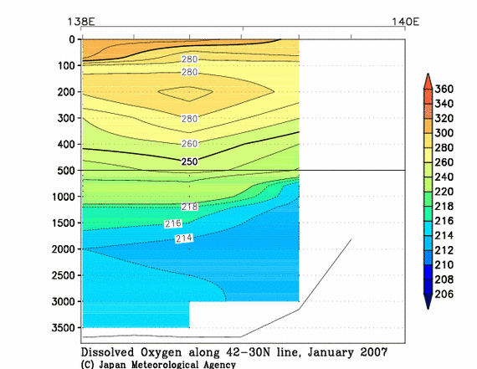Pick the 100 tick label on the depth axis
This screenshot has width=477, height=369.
click(65, 65)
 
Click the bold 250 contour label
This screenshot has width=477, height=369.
click(191, 161)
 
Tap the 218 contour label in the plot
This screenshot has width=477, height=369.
click(191, 206)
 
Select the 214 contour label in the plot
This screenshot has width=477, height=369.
click(185, 238)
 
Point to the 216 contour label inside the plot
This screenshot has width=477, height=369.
click(173, 223)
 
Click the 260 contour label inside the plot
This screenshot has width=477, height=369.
click(191, 143)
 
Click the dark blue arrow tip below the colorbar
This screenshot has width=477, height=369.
click(430, 304)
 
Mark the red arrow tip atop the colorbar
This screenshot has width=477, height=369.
click(430, 79)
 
